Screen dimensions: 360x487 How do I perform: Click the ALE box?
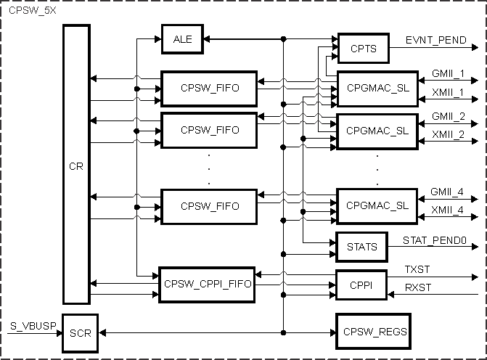pyautogui.click(x=182, y=38)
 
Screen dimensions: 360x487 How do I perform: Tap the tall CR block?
pyautogui.click(x=76, y=165)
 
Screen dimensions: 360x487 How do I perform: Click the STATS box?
pyautogui.click(x=362, y=247)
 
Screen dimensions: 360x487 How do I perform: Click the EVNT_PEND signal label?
pyautogui.click(x=435, y=40)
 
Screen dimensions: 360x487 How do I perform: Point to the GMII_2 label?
pyautogui.click(x=448, y=116)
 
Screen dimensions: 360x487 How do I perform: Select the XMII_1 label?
pyautogui.click(x=448, y=93)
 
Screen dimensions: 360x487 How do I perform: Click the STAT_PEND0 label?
pyautogui.click(x=434, y=239)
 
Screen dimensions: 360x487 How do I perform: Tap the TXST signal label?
pyautogui.click(x=417, y=269)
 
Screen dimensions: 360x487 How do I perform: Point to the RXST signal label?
pyautogui.click(x=418, y=287)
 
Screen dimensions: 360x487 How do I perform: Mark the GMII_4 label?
pyautogui.click(x=448, y=192)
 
